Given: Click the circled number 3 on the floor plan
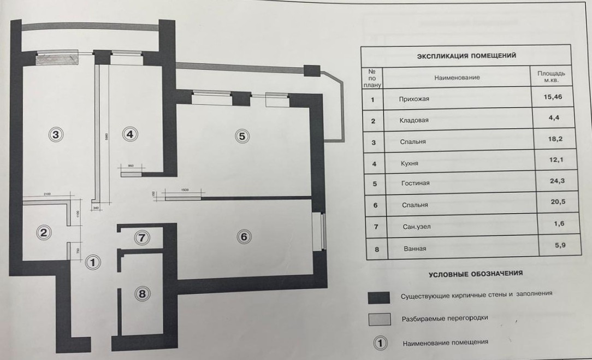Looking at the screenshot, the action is pos(56,134).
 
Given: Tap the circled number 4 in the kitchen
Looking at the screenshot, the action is pos(129,134).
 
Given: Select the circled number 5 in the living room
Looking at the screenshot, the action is pos(242,136).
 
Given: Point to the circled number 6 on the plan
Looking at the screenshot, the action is pos(244,237).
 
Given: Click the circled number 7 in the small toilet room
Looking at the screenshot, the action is pos(141,238).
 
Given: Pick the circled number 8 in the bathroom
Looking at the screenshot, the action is pos(142,293).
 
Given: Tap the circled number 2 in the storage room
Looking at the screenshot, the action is pos(44,233).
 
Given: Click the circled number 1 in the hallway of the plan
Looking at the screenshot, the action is pos(93,262).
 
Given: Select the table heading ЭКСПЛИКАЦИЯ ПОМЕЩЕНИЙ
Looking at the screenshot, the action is pos(466,56).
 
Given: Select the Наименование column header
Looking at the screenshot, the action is pos(457,78).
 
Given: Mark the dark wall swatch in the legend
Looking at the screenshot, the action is pos(378,297).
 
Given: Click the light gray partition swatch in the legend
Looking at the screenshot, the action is pos(378,319).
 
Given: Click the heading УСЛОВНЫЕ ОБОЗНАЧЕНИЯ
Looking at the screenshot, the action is pos(476,273).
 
